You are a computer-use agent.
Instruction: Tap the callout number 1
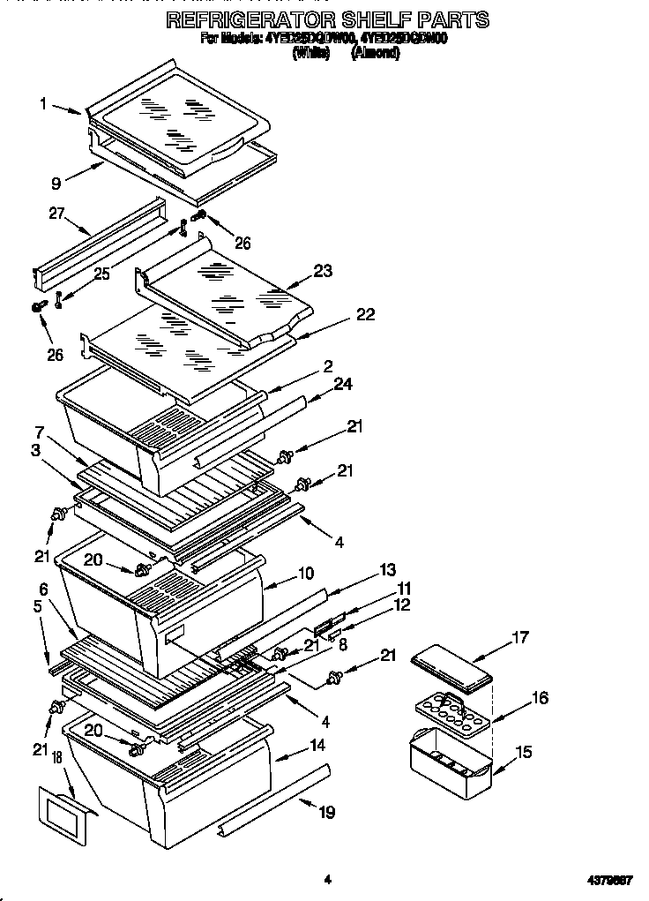[x=43, y=103]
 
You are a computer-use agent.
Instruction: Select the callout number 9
[x=56, y=184]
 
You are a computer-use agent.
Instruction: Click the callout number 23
[x=323, y=271]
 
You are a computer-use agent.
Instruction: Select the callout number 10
[x=305, y=574]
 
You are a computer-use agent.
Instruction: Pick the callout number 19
[x=326, y=812]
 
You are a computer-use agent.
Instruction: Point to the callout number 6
[x=43, y=589]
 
